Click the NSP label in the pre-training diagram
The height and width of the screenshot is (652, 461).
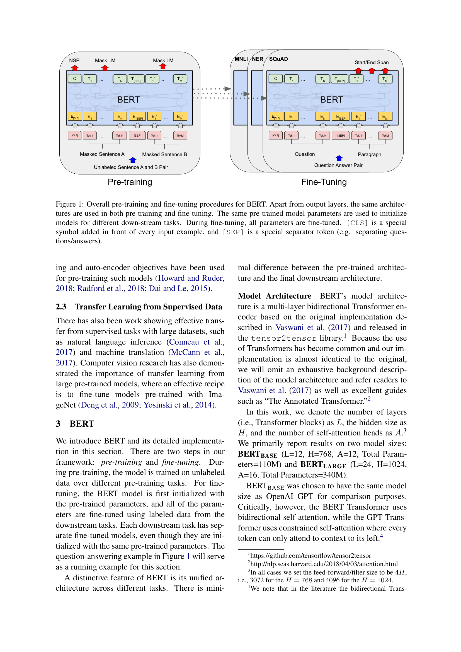(x=74, y=60)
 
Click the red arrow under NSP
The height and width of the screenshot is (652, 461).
(x=75, y=68)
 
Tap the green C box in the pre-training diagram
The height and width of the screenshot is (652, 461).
(x=75, y=79)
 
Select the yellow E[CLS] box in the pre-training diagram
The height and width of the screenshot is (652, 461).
(x=75, y=117)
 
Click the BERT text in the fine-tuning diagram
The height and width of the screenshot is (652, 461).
(x=331, y=100)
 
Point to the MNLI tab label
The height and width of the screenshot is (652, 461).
(x=241, y=59)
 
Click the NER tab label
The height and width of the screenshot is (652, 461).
(x=258, y=59)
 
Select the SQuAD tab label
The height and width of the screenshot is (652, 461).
(x=278, y=59)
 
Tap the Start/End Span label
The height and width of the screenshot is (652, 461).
(x=371, y=62)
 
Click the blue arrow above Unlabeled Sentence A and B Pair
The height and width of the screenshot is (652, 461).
(x=133, y=160)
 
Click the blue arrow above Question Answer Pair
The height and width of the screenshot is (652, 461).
(x=339, y=158)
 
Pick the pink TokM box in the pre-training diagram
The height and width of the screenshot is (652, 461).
(x=180, y=135)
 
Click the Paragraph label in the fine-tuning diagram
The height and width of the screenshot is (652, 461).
(x=369, y=154)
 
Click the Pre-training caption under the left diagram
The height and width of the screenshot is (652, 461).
(x=130, y=182)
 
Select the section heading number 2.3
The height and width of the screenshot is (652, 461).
(x=61, y=307)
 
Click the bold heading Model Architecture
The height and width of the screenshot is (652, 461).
(x=274, y=296)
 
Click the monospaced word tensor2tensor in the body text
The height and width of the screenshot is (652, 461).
(x=283, y=338)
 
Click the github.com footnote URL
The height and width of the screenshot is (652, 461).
(x=310, y=556)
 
